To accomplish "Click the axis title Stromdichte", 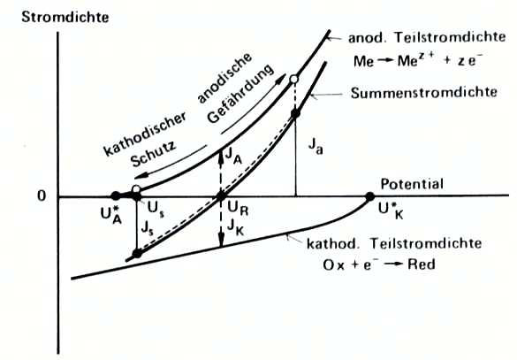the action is [x=65, y=17].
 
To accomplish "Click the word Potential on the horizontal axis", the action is [x=412, y=184].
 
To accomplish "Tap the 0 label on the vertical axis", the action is [x=42, y=196].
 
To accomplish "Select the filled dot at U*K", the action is [x=370, y=196].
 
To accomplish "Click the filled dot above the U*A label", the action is [x=116, y=196].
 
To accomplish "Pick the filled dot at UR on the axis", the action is [x=221, y=197].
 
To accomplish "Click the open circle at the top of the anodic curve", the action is [x=294, y=80].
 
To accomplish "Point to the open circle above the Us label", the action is [x=136, y=189].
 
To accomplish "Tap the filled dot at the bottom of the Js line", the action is [x=137, y=254].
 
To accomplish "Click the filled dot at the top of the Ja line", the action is [x=295, y=113].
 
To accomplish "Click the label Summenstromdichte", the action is [x=423, y=93].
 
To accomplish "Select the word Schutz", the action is [x=153, y=155].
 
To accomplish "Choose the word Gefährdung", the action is [x=241, y=94].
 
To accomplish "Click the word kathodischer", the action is [x=145, y=134].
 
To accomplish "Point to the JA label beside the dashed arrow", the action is [x=234, y=156].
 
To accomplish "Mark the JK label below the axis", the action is [x=235, y=227].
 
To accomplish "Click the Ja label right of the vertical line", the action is [x=316, y=146].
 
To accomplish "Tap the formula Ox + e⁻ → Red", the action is [x=379, y=264].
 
